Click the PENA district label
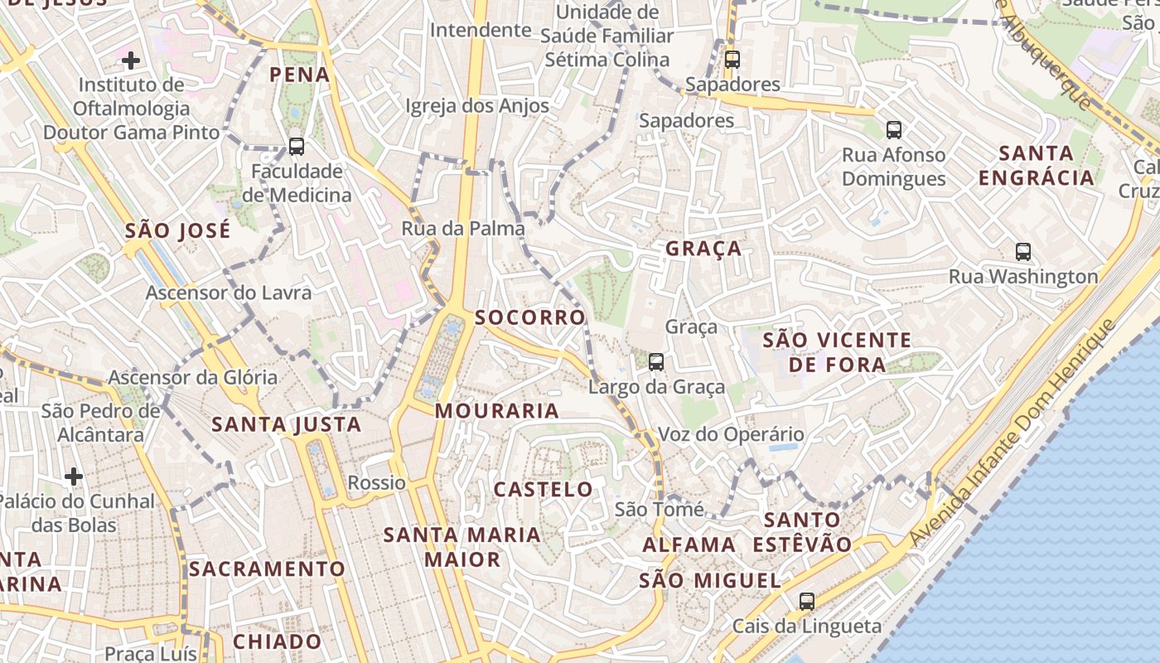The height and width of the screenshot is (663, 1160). [300, 75]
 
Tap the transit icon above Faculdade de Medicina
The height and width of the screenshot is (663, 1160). [296, 147]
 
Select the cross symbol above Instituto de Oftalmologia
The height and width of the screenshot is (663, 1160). [130, 60]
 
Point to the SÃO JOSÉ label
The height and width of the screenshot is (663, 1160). [177, 231]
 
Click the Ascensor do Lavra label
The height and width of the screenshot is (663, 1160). [229, 293]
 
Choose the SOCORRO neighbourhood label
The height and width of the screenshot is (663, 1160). [530, 317]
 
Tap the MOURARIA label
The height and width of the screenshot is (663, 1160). [497, 410]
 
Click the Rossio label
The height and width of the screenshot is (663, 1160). [377, 482]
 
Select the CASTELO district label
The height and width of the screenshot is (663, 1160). [544, 489]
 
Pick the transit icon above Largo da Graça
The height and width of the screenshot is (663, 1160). [656, 361]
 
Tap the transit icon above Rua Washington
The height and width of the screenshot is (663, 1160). [1023, 252]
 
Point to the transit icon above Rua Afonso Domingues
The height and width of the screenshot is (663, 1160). [893, 129]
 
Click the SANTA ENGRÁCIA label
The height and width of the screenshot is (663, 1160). [1036, 166]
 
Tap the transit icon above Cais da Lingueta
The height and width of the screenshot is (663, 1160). [807, 601]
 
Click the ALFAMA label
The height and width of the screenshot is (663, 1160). [689, 544]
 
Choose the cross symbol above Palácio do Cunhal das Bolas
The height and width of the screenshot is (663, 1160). [74, 476]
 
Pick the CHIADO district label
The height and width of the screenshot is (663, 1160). [277, 641]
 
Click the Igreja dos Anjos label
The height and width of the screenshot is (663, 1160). [477, 105]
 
